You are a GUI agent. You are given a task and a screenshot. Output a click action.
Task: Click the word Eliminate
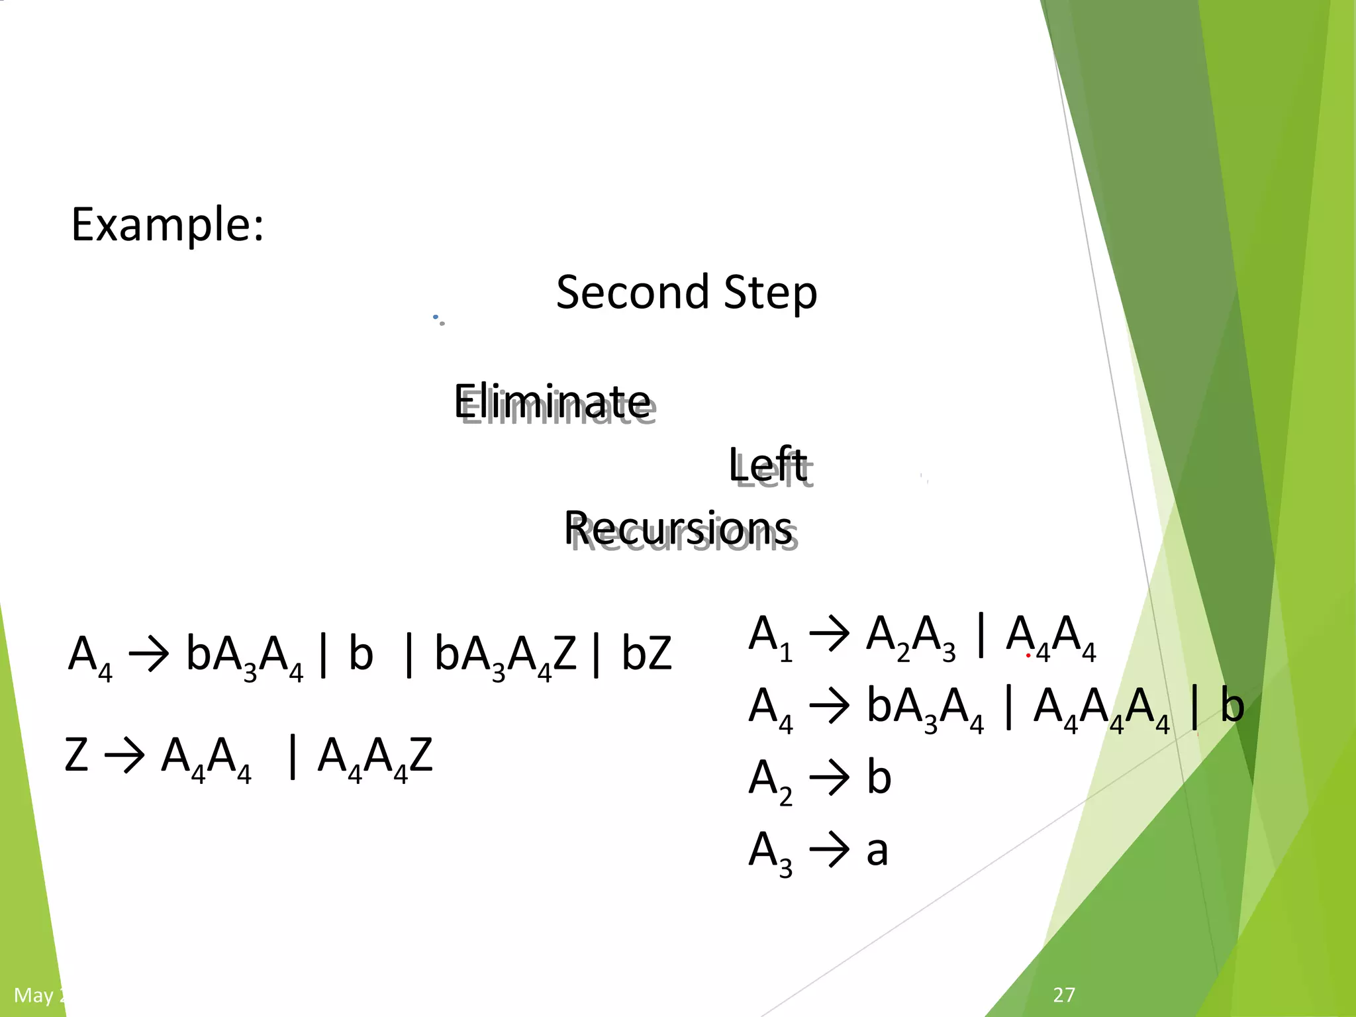(x=553, y=401)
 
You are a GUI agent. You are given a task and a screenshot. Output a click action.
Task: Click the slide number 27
(x=1064, y=994)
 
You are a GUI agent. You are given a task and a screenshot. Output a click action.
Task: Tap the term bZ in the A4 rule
(x=646, y=654)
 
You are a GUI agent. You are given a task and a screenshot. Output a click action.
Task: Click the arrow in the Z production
(x=124, y=755)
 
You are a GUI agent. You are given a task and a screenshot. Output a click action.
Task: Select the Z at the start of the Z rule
(x=76, y=755)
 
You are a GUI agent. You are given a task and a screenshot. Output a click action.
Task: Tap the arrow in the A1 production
(x=830, y=634)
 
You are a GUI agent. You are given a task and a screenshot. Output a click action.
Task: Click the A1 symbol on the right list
(x=770, y=637)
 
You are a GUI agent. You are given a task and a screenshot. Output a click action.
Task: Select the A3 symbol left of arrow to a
(x=770, y=853)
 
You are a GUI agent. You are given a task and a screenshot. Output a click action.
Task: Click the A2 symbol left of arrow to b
(x=770, y=781)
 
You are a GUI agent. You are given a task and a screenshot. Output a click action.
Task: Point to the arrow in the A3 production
(x=830, y=849)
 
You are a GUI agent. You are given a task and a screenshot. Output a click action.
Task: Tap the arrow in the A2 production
(x=830, y=777)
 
